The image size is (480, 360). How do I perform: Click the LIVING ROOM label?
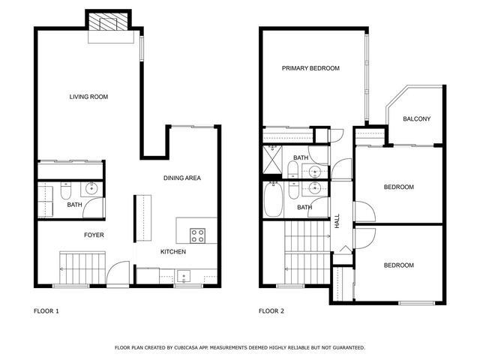88,97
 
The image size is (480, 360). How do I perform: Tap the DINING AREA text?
182,178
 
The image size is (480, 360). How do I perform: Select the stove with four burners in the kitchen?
197,235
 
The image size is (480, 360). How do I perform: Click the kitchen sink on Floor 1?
183,276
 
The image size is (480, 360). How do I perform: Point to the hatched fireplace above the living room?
108,22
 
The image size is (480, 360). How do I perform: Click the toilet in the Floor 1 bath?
65,190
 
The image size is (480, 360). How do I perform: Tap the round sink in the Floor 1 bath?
91,188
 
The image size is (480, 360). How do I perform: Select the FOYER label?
94,235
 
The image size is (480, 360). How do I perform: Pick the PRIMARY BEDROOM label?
310,68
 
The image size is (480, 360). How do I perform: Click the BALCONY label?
417,118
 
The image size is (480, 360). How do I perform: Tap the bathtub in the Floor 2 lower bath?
273,199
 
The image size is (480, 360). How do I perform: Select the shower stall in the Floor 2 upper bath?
272,160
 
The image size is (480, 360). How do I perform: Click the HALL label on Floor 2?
337,221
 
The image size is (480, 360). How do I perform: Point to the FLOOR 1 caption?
46,311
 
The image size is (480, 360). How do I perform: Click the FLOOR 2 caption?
271,311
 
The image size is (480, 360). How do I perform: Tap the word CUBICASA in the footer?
186,348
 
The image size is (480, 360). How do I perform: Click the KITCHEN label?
173,252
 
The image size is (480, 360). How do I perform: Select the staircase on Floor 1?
82,268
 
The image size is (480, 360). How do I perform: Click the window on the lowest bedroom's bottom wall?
417,303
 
